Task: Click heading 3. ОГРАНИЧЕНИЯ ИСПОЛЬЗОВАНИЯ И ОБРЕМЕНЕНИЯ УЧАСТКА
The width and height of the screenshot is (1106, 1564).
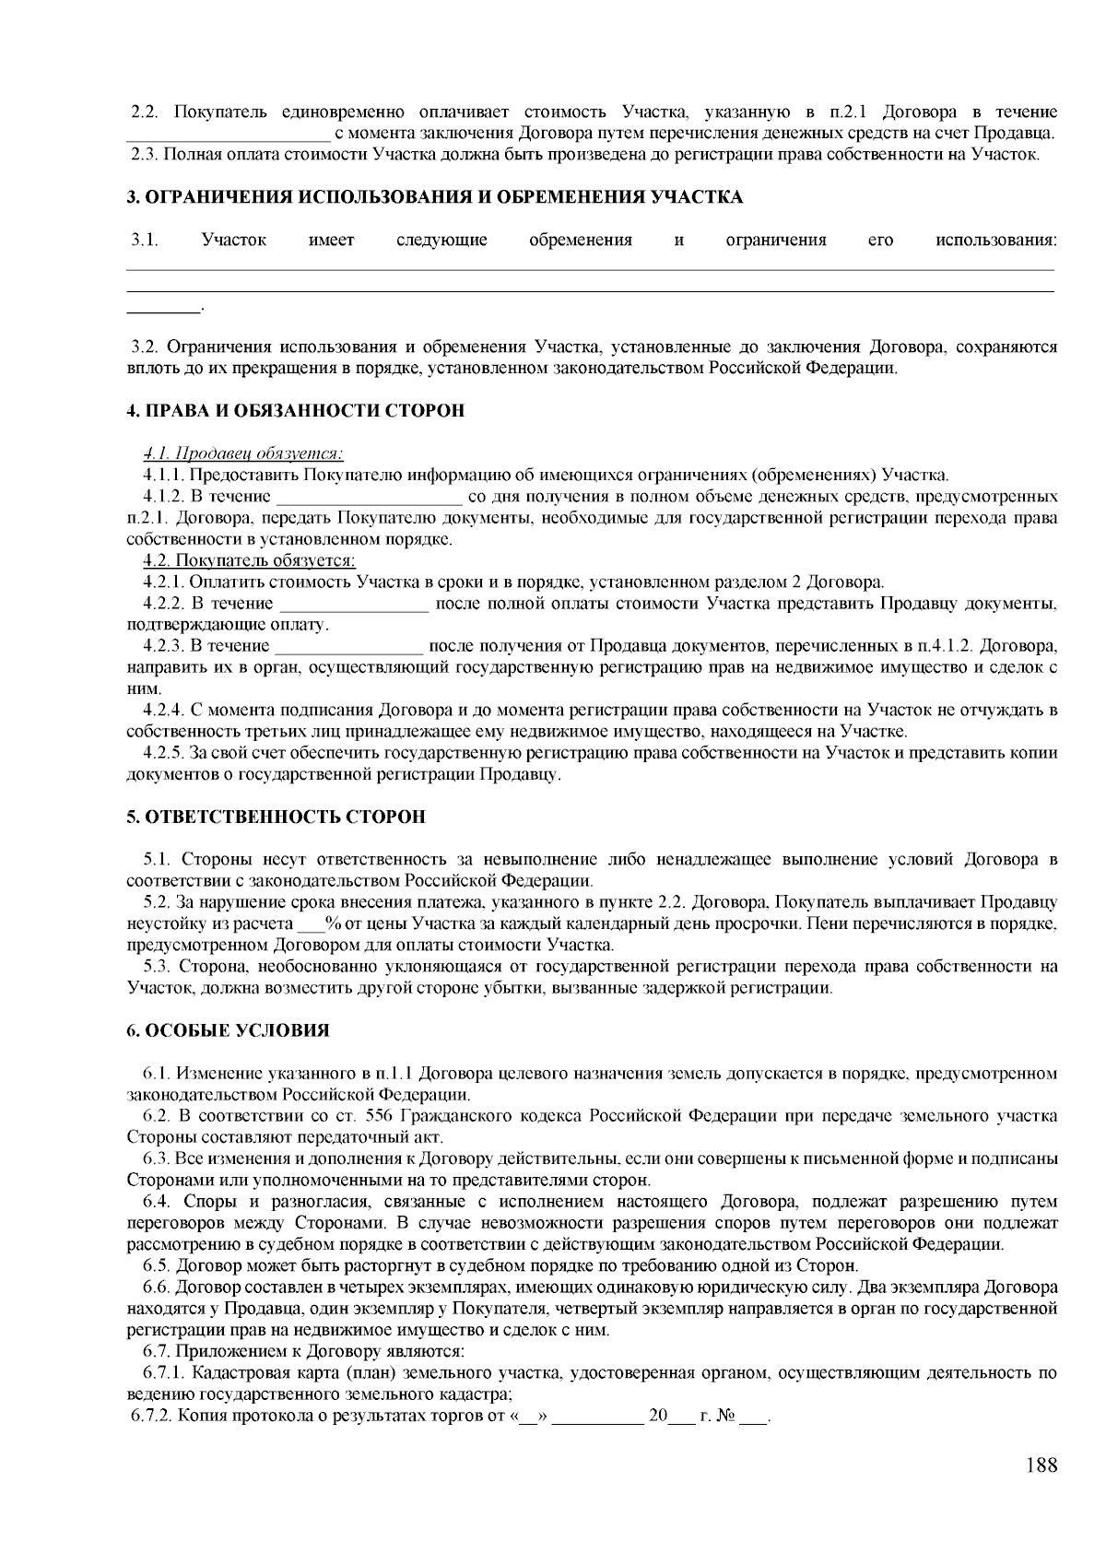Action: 434,197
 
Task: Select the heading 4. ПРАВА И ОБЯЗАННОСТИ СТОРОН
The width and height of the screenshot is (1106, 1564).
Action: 295,411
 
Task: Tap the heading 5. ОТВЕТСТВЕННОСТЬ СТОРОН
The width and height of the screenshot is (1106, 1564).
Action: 276,817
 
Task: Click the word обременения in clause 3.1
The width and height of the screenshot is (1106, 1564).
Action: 581,241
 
